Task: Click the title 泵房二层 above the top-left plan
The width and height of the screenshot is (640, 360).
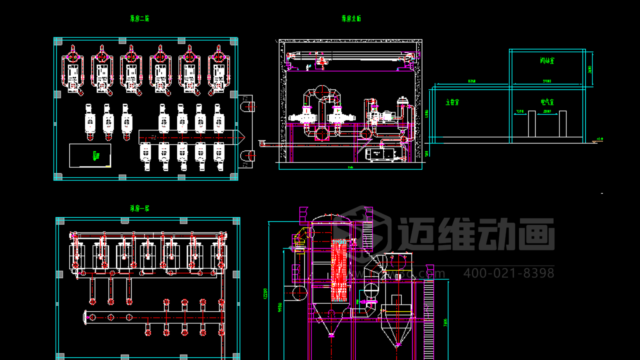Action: pyautogui.click(x=140, y=18)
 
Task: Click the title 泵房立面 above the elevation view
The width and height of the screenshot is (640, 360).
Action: pyautogui.click(x=351, y=18)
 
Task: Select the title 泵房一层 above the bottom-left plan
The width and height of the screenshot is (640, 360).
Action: pyautogui.click(x=140, y=208)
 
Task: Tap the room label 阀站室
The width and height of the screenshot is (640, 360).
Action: pyautogui.click(x=547, y=60)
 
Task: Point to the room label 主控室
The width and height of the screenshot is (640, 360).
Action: pyautogui.click(x=452, y=102)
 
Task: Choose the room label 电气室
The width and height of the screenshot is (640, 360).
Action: pyautogui.click(x=547, y=102)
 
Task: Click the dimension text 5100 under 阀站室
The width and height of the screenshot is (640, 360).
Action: pyautogui.click(x=547, y=81)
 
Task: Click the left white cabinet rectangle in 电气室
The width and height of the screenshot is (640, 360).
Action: pyautogui.click(x=532, y=124)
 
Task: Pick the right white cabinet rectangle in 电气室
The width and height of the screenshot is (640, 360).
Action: pyautogui.click(x=563, y=124)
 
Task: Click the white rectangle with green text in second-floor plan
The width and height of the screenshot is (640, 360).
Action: pyautogui.click(x=90, y=155)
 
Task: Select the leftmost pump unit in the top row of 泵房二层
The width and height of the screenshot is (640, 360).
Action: pyautogui.click(x=73, y=71)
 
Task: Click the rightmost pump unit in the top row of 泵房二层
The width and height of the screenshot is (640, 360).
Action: pyautogui.click(x=219, y=71)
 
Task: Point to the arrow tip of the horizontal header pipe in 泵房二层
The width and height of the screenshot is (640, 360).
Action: pyautogui.click(x=244, y=137)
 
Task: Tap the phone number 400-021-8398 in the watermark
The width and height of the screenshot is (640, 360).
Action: pyautogui.click(x=509, y=273)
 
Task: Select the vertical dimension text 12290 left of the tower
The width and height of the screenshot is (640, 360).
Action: pyautogui.click(x=265, y=293)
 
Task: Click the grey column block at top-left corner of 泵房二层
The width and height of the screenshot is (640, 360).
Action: pyautogui.click(x=58, y=42)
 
